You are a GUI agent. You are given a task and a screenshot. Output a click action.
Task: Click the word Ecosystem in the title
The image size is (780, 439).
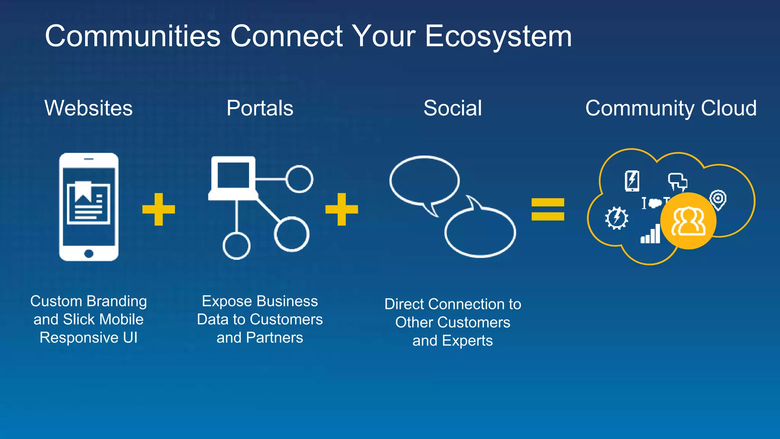click(x=498, y=37)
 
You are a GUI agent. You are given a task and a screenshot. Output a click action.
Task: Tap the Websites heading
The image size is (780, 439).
click(x=88, y=108)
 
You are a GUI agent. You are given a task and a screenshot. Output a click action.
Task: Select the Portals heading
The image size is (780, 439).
click(x=260, y=108)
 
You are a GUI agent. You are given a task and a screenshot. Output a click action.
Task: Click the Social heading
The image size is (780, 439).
click(x=452, y=108)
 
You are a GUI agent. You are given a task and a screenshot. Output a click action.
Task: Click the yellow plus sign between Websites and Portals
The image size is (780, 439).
click(x=158, y=209)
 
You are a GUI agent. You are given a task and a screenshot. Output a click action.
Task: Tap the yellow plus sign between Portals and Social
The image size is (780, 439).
click(x=342, y=209)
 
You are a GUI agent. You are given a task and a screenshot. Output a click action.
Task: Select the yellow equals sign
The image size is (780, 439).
click(x=548, y=209)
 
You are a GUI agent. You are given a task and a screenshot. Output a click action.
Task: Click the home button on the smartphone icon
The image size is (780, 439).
click(x=89, y=253)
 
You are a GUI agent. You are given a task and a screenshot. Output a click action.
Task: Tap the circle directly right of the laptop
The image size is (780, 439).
click(x=299, y=179)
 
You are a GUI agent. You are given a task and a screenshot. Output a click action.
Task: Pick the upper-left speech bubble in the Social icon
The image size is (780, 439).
click(x=424, y=181)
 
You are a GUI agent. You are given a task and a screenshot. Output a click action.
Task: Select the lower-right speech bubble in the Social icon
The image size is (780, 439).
click(x=480, y=232)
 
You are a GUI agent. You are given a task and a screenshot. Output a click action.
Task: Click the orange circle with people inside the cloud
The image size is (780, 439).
click(x=688, y=221)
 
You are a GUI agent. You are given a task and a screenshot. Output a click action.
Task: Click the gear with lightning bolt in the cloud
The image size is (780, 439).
click(x=616, y=218)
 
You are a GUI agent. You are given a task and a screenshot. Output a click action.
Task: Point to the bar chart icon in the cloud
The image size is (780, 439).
click(x=651, y=234)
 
